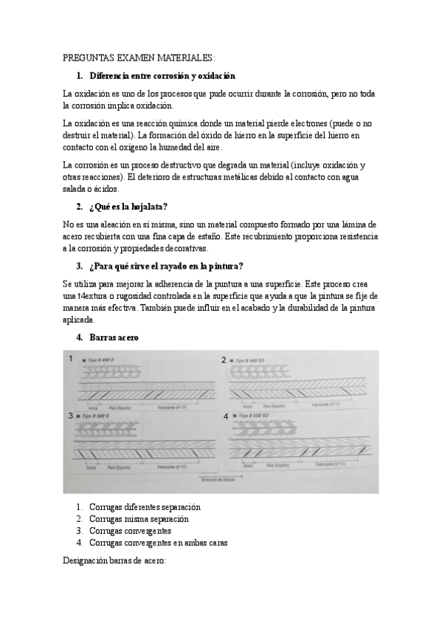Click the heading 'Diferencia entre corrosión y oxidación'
coord(162,75)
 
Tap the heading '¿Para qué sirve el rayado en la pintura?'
coord(168,266)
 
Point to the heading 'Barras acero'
coord(114,337)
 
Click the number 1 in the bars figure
coord(71,359)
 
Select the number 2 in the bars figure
coord(224,360)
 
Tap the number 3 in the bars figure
coord(71,416)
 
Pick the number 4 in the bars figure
coord(225,416)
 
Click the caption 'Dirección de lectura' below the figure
coord(218,479)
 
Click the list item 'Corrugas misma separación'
coord(139,519)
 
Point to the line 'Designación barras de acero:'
coord(115,561)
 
